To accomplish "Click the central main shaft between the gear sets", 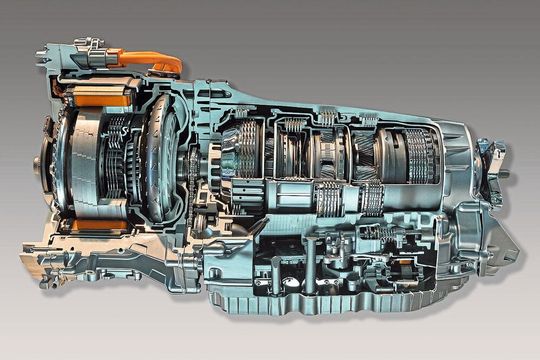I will (x=300, y=185).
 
